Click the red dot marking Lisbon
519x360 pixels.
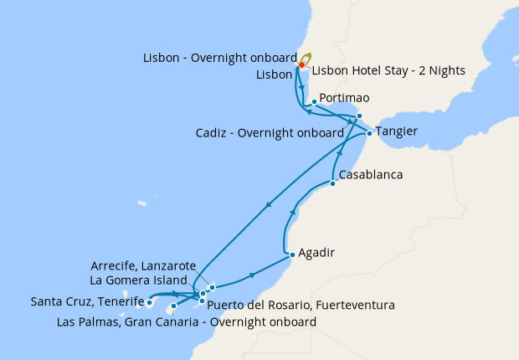coord(301,64)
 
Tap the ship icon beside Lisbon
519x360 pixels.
coord(306,59)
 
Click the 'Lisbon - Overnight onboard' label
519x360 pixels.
coord(219,58)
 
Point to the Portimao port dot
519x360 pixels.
coord(313,102)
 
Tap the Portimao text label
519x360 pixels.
coord(344,99)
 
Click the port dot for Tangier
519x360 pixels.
coord(369,133)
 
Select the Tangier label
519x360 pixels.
coord(399,132)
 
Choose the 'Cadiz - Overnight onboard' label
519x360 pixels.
coord(270,132)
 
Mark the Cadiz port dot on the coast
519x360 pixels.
coord(359,116)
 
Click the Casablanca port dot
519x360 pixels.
coord(332,183)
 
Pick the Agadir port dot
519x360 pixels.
coord(290,255)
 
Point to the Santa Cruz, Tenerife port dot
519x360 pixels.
coord(149,302)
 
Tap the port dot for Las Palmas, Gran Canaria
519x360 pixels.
coord(174,306)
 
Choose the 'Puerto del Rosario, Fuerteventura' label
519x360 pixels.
coord(301,305)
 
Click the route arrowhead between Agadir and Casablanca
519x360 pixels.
coord(294,213)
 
